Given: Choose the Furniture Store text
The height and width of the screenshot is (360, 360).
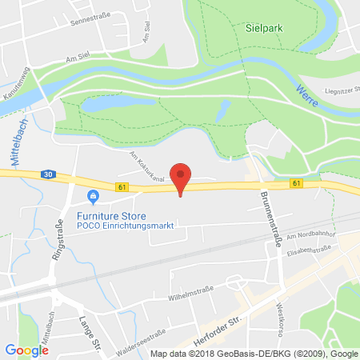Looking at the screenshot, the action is coord(105,214).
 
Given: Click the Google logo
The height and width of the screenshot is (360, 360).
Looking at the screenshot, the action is coord(26,350).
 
